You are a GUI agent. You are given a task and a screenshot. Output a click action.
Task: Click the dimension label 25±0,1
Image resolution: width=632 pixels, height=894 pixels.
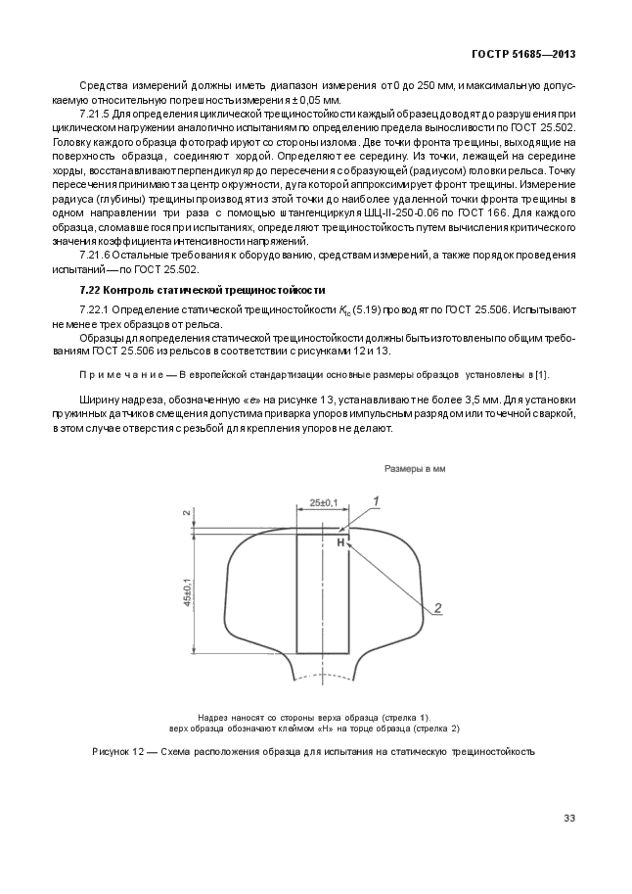coord(322,503)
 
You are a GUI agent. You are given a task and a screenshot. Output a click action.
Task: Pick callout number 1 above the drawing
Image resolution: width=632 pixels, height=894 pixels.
coord(376,499)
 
